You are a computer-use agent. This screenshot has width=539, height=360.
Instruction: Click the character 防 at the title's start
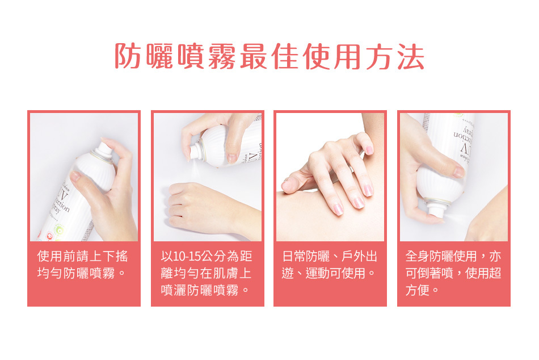[128, 56]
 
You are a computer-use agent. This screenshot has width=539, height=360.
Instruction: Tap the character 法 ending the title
[411, 56]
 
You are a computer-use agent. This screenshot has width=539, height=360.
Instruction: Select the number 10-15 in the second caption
[185, 257]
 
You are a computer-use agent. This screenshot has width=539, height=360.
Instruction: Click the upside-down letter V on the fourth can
[465, 148]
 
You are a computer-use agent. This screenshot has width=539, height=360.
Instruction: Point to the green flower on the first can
[60, 229]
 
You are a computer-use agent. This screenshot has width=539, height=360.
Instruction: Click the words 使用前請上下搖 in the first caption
[82, 257]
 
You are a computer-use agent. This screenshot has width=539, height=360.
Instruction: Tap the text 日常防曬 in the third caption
[306, 257]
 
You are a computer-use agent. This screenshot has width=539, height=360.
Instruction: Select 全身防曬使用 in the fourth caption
[441, 257]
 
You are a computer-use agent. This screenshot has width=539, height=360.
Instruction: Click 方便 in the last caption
[418, 290]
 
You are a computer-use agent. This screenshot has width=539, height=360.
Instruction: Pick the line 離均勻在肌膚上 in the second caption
[206, 273]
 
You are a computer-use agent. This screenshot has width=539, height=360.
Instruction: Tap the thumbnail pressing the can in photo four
[458, 171]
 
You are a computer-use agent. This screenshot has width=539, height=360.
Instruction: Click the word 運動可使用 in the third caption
[335, 273]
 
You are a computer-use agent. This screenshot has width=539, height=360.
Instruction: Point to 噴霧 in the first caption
[102, 273]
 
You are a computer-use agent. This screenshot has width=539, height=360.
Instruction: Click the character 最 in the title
[254, 56]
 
